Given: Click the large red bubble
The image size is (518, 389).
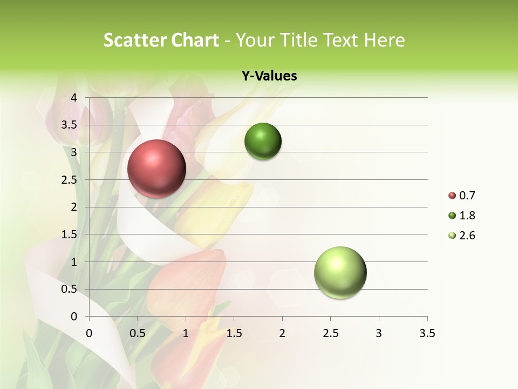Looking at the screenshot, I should pos(156,169).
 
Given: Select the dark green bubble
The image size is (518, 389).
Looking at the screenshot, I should pos(263,141).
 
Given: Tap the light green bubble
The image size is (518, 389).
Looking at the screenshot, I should pos(340,272).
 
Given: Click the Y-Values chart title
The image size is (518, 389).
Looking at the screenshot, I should pos(269,76).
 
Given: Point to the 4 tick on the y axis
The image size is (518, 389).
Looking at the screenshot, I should pos(74,98).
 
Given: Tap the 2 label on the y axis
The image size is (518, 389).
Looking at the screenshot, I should pos(74,207).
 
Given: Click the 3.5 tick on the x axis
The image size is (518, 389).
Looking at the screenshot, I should pos(427,333).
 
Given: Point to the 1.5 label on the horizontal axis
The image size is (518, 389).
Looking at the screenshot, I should pos(234,333).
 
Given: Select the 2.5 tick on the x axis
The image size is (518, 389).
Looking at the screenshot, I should pos(330,333).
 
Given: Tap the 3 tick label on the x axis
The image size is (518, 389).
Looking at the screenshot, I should pos(379,333).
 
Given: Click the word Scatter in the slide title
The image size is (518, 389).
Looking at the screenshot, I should pos(134,40).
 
